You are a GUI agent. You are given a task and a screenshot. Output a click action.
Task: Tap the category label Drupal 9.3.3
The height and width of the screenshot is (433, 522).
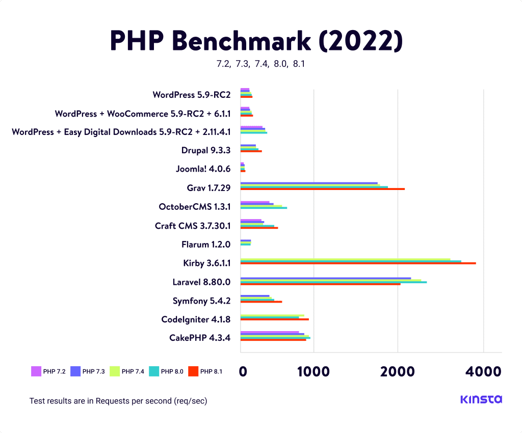pos(206,150)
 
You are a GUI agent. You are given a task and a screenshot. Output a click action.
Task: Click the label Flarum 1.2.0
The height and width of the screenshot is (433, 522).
pos(206,245)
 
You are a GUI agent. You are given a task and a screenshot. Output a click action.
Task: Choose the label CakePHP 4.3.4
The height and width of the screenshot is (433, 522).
pos(200,338)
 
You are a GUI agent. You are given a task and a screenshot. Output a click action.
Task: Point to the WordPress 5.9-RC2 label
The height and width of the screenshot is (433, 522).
pos(192,94)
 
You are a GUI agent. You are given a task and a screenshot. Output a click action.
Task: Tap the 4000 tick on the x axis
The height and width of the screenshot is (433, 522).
pos(483,372)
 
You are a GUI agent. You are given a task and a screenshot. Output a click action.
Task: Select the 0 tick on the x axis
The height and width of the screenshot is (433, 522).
pos(243,372)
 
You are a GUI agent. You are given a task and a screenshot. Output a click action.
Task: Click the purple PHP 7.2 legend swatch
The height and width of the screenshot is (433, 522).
pos(36,371)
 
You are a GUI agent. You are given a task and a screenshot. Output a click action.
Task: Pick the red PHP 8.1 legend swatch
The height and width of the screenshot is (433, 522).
pos(193,371)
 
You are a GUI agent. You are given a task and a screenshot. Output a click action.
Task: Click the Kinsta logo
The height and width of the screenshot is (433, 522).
pos(481,399)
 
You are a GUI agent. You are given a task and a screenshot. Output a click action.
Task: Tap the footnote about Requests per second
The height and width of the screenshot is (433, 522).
pos(118,401)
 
